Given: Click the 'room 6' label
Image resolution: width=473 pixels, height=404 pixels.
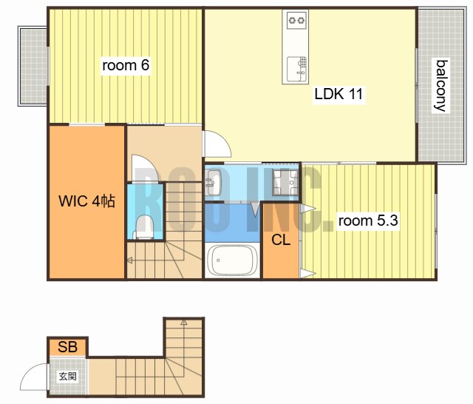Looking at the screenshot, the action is (126, 65).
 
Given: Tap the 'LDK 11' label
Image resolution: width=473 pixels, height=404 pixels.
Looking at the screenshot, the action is (338, 94).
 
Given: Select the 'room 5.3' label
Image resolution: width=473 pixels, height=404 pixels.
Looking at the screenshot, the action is (368, 220).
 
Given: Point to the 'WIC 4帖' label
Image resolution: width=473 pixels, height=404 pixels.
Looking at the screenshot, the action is (87, 201).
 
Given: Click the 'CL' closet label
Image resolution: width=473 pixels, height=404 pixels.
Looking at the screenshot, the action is (281, 240).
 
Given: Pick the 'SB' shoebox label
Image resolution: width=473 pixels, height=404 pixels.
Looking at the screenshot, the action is (67, 347).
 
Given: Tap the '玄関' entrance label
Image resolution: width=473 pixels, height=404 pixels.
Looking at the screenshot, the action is (67, 376).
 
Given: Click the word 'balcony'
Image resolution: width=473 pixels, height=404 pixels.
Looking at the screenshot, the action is (440, 86).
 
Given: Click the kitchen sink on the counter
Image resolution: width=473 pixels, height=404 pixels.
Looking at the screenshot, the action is (297, 69).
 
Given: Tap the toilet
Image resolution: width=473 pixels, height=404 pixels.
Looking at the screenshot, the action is (144, 227).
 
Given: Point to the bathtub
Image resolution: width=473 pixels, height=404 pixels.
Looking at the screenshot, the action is (232, 260).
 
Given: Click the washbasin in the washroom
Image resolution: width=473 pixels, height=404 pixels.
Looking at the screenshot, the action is (213, 182).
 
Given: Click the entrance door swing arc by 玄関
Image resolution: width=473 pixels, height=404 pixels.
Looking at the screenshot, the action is (34, 377).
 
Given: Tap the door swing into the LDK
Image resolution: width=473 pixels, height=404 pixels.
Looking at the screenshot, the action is (218, 144).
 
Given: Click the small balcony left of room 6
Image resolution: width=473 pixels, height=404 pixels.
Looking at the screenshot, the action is (33, 66).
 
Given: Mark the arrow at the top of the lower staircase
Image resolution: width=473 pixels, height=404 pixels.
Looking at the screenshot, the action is (184, 323).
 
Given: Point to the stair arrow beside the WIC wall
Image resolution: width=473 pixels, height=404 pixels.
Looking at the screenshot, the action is (130, 260).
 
